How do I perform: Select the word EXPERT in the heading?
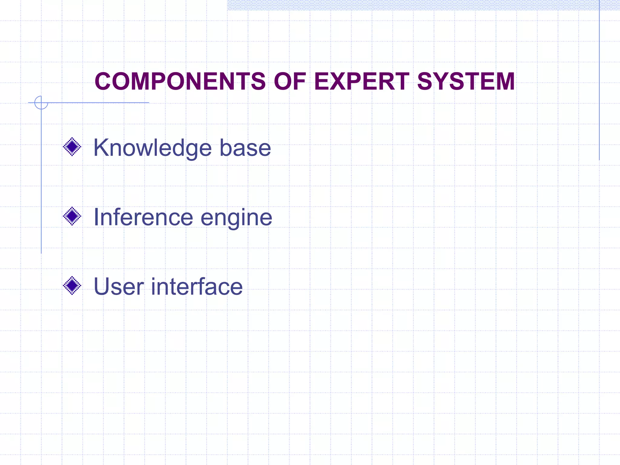coord(362,81)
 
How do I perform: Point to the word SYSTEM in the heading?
coord(466,81)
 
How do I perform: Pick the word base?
coord(245,148)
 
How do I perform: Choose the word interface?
coord(197,286)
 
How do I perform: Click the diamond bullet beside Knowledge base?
coord(72,147)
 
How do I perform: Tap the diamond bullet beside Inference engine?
coord(72,216)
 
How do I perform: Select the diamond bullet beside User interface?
coord(72,285)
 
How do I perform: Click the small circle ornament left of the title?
coord(41,103)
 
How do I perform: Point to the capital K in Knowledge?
coord(101,147)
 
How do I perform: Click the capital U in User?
coord(102,286)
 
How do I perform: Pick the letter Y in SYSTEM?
coord(440,81)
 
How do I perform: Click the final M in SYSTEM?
coord(503,81)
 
